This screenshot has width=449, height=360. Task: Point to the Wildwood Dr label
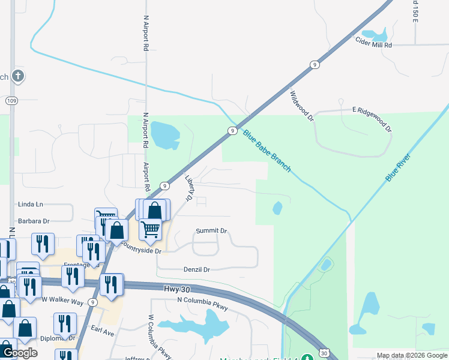[302, 106]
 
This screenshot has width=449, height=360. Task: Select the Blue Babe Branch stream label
[267, 151]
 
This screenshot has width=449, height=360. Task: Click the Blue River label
[400, 167]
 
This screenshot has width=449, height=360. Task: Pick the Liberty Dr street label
[188, 188]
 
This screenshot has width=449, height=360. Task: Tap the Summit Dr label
[211, 230]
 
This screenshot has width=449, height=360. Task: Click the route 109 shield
[11, 101]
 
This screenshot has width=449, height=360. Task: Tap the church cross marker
[18, 76]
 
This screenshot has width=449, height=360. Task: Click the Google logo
[19, 352]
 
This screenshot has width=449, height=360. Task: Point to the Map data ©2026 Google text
[412, 355]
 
